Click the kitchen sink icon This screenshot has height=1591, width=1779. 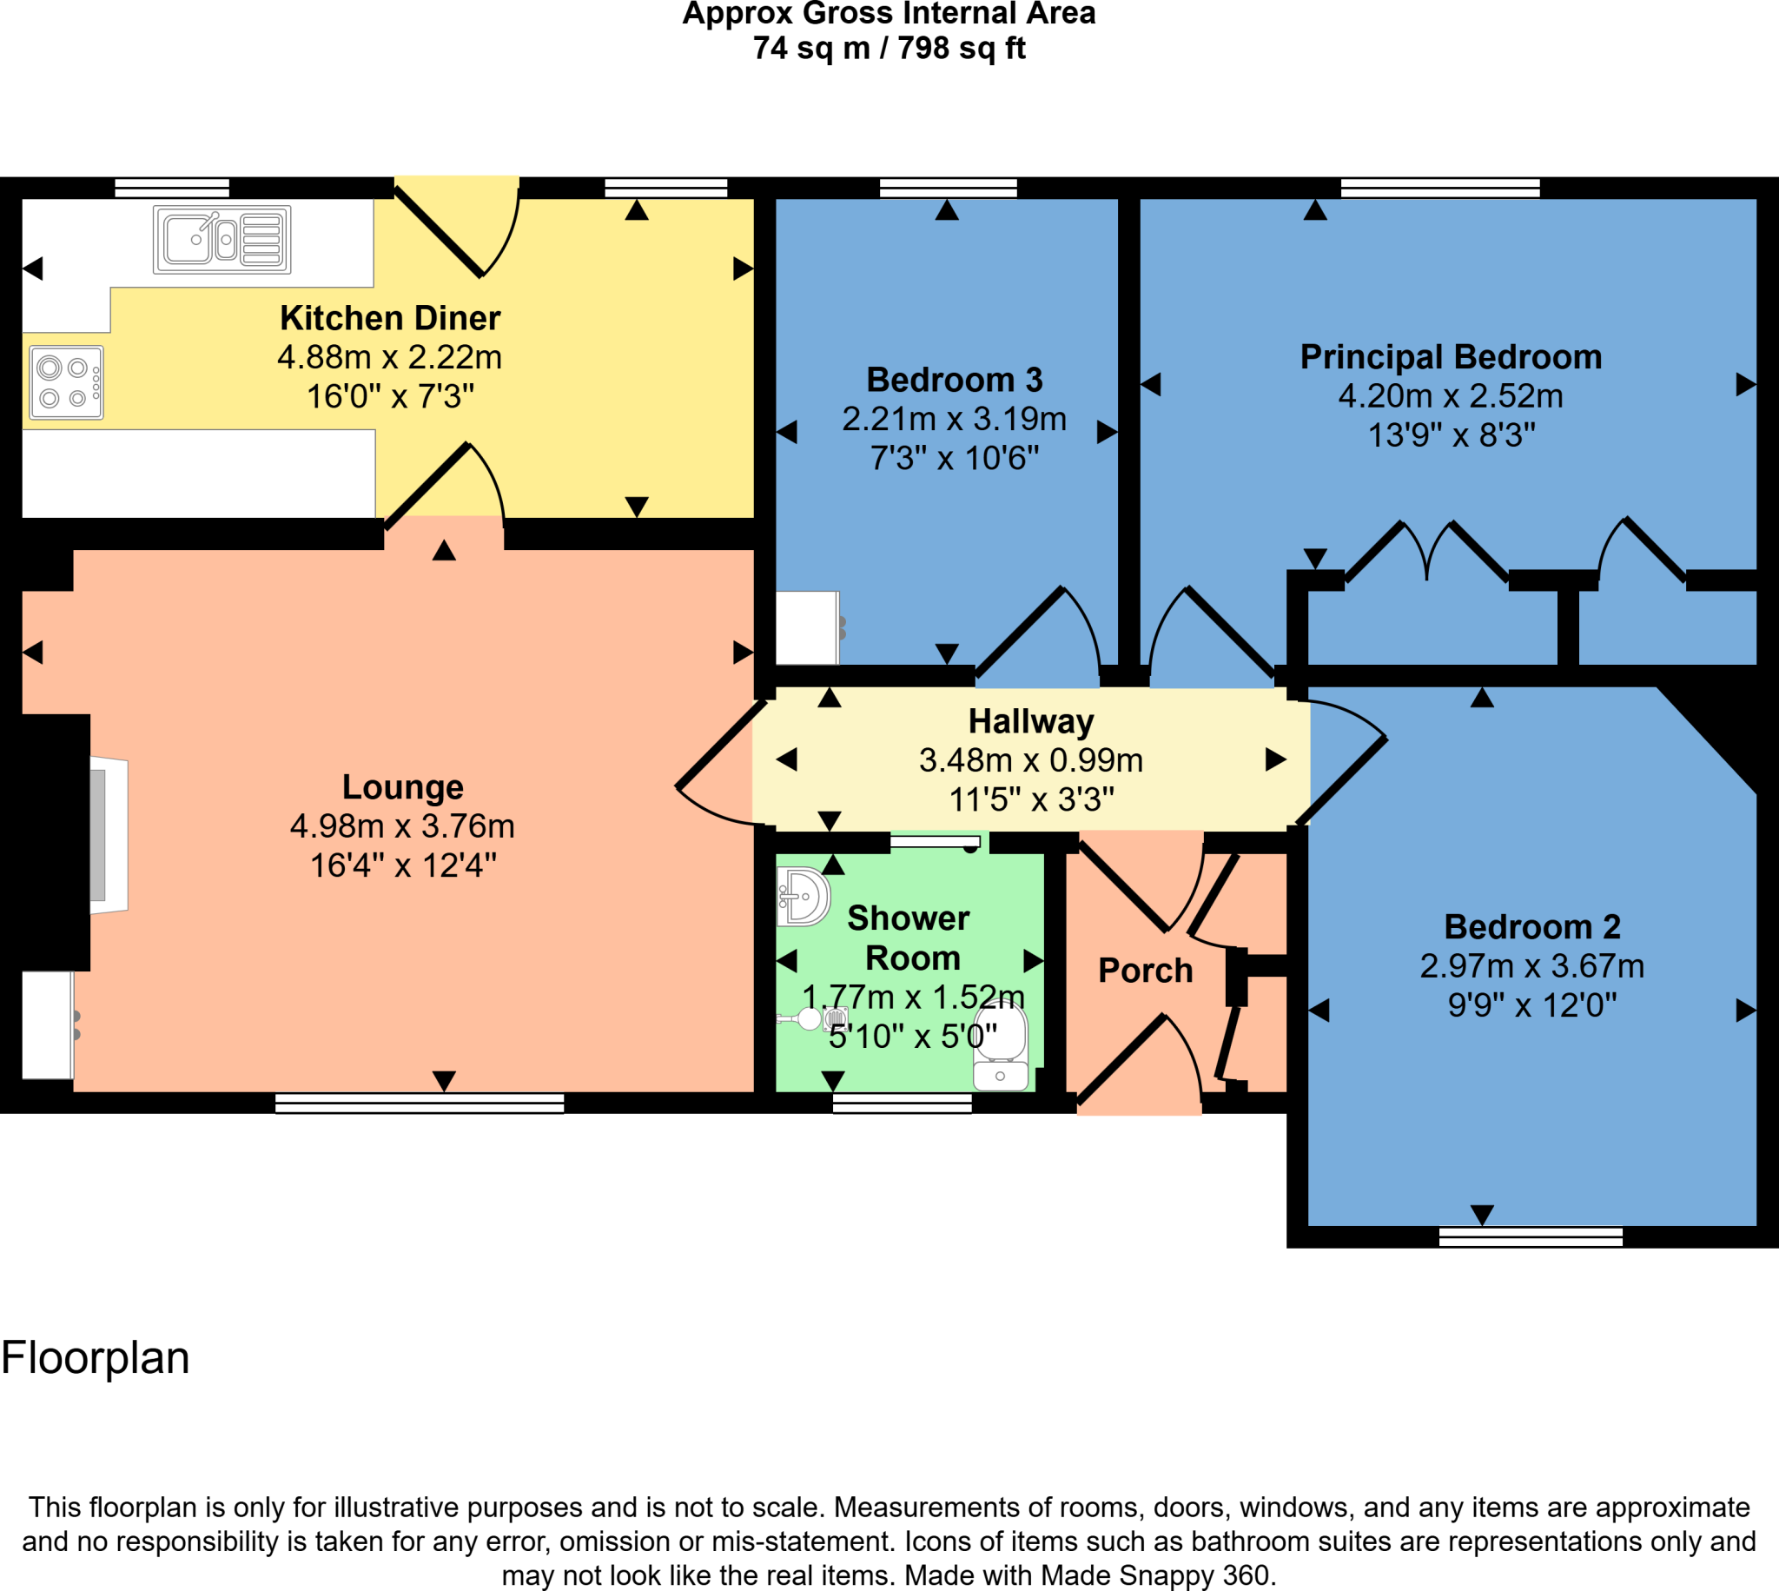click(222, 240)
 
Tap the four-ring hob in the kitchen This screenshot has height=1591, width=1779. click(66, 383)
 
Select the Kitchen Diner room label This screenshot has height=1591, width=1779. click(390, 318)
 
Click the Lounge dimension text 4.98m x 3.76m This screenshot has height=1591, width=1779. click(402, 826)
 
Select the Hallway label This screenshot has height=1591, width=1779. click(1031, 721)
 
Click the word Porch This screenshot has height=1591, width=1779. click(1145, 971)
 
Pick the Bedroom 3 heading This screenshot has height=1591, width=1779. click(954, 380)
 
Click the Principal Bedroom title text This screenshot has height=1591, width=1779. click(1451, 356)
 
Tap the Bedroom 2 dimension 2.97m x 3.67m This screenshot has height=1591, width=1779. click(1531, 966)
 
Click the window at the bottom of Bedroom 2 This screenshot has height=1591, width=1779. click(1530, 1236)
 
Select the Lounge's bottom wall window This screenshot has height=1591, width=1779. click(420, 1104)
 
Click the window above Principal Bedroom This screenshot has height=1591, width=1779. click(1440, 187)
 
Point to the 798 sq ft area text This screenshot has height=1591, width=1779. click(961, 48)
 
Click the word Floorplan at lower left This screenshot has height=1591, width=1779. click(96, 1357)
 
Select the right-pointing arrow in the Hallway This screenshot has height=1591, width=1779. click(1276, 759)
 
